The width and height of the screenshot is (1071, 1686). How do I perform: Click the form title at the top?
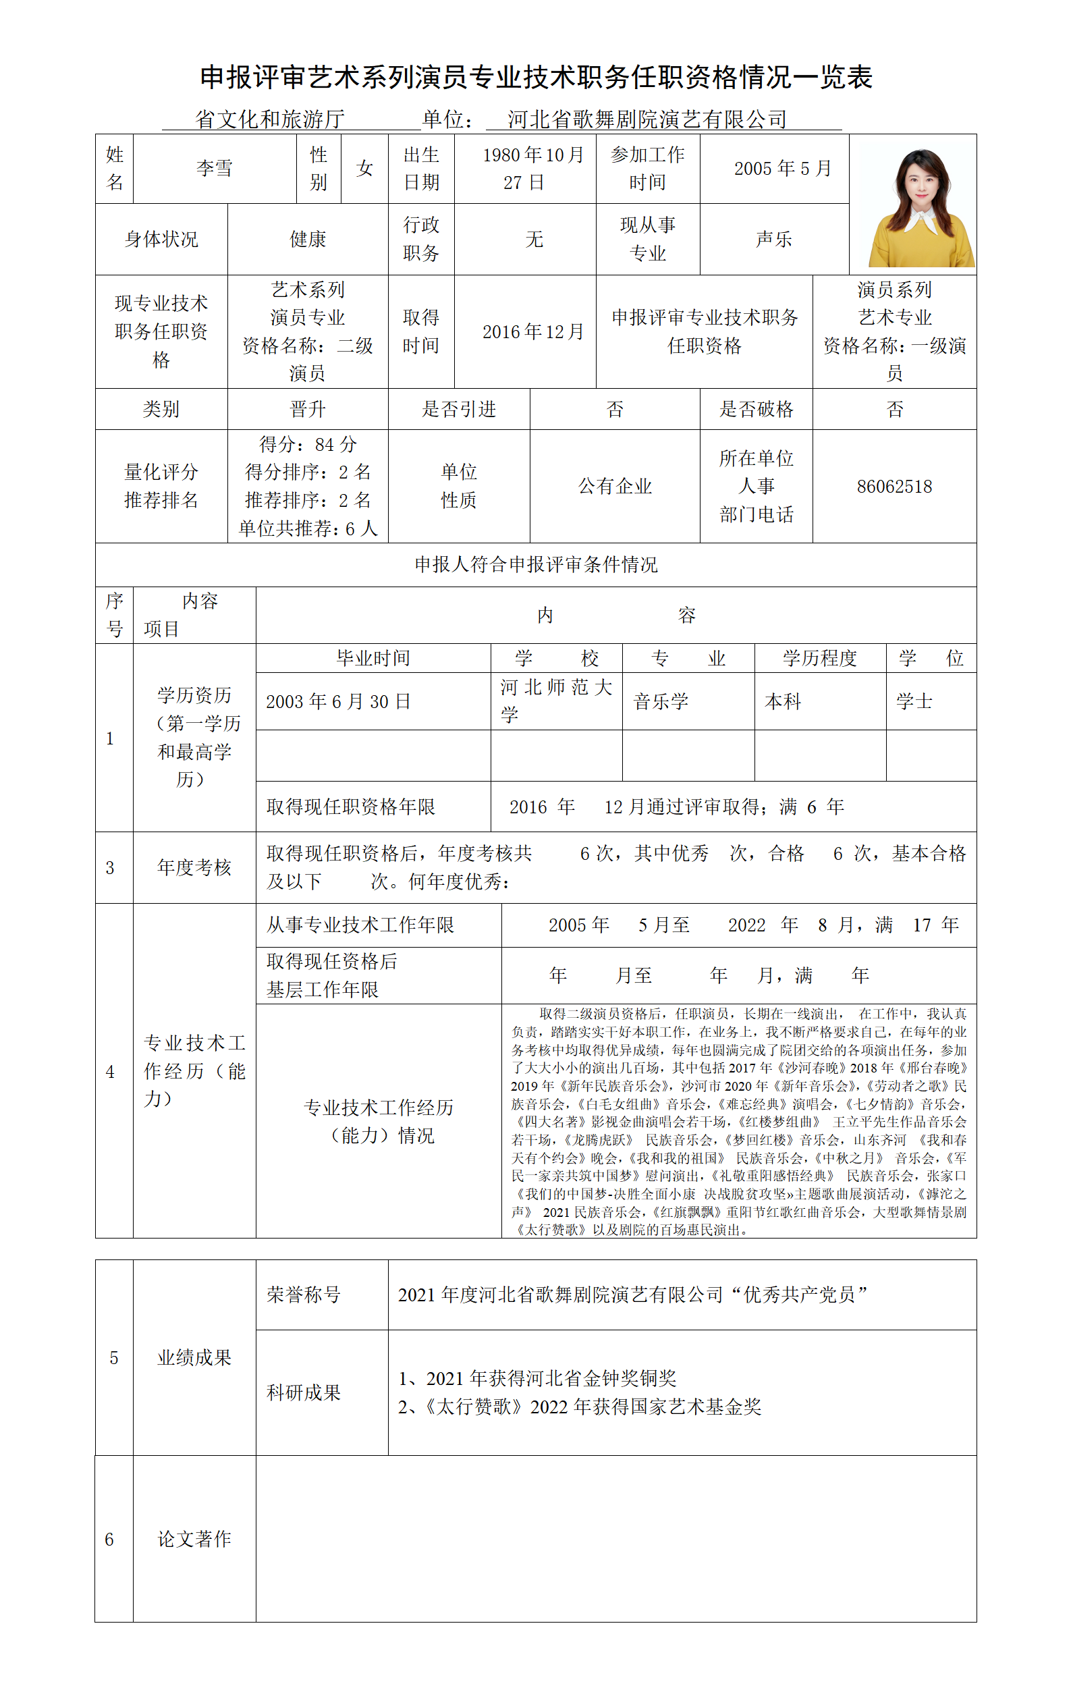coord(536,78)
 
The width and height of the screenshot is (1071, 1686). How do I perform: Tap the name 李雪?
coord(214,169)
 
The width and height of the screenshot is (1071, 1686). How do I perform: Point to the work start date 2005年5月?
coord(782,169)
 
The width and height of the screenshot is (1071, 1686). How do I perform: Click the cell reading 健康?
coord(307,240)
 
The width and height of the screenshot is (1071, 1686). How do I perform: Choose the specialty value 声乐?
coord(773,240)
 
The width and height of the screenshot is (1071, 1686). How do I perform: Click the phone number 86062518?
coord(894,487)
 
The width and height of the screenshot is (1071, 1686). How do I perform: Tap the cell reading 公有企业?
coord(615,487)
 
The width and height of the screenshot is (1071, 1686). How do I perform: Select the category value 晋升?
coord(307,409)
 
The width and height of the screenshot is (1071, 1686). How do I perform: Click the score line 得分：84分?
coord(307,445)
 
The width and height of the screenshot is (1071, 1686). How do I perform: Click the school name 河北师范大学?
coord(556,700)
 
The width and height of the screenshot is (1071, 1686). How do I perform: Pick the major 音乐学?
coord(661,701)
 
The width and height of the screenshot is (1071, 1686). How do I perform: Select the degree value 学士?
coord(914,701)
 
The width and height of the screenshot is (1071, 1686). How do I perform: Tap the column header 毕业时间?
coord(373,658)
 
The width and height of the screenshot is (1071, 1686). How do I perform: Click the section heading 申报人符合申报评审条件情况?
coord(536,565)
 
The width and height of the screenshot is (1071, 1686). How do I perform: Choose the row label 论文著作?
coord(194,1539)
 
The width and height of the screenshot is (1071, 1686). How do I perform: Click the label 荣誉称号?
coord(304,1295)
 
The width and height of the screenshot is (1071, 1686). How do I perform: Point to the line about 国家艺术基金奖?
coord(580,1407)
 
